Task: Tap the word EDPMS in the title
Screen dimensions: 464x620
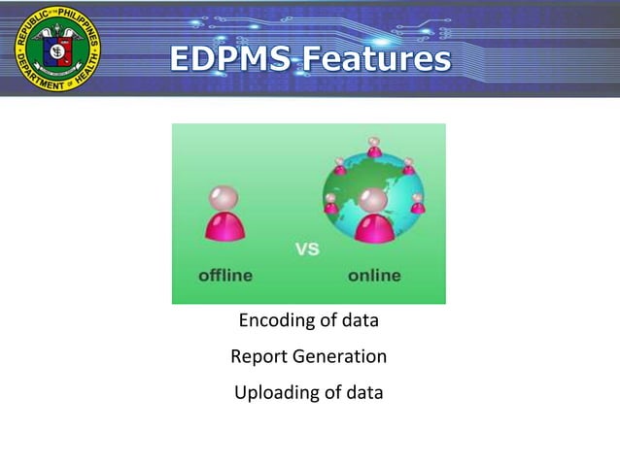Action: tap(229, 59)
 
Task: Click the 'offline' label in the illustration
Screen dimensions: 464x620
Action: tap(225, 276)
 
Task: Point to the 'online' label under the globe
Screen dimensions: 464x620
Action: tap(374, 276)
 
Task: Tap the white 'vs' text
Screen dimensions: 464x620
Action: tap(307, 249)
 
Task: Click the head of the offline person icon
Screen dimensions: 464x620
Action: tap(224, 198)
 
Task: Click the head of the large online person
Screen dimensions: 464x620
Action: tap(373, 200)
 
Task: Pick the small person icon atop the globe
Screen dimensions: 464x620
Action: tap(374, 147)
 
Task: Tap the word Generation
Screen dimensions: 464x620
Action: tap(338, 357)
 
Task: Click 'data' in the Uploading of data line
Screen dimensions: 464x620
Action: tap(362, 393)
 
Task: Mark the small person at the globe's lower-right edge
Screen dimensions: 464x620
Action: tap(417, 204)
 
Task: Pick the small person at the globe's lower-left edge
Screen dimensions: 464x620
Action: tap(331, 204)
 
